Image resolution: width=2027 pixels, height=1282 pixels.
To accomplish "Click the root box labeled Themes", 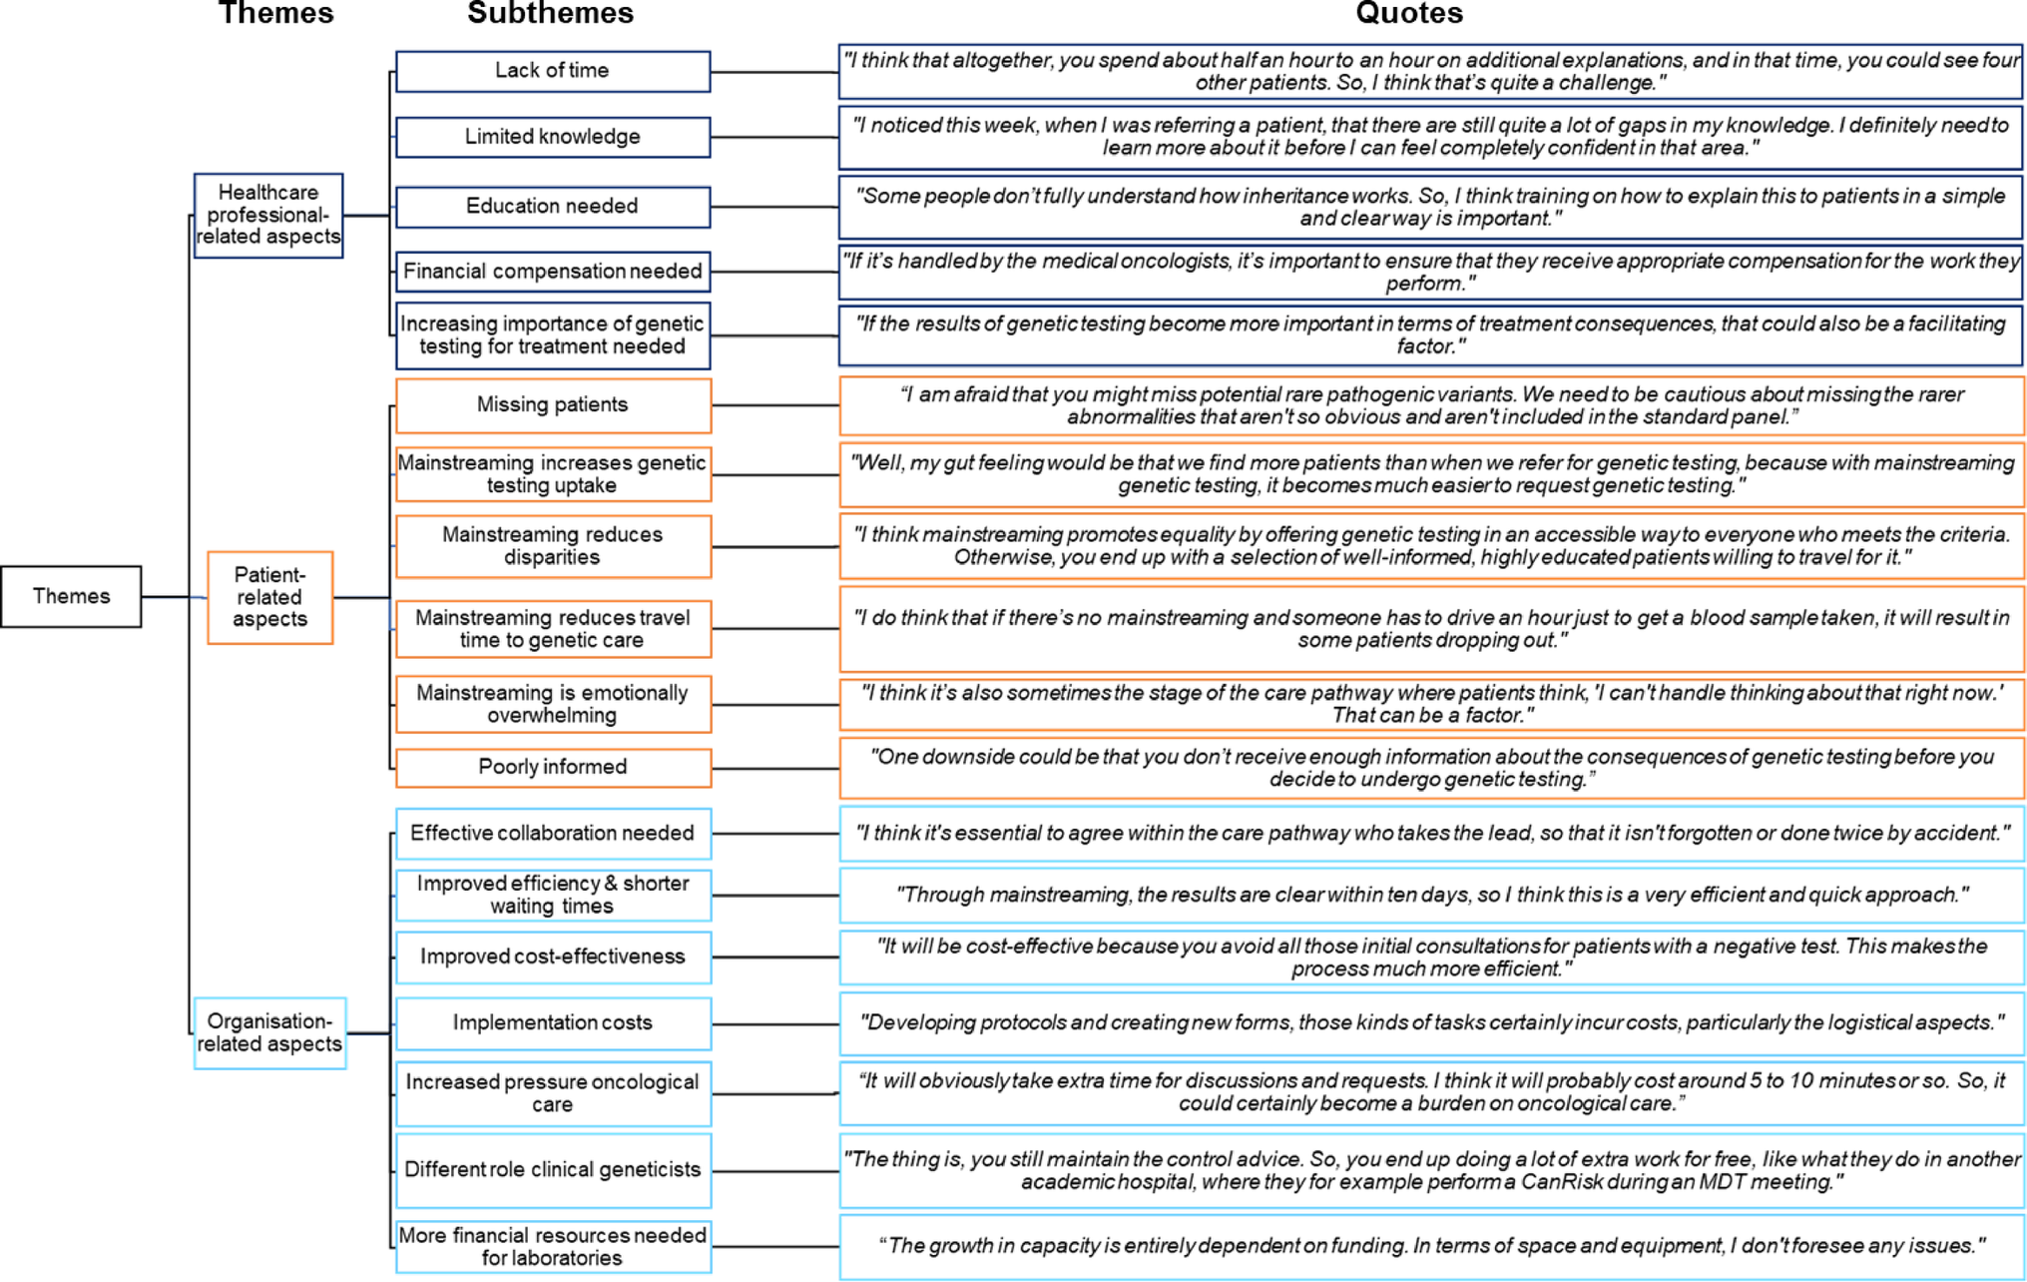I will click(71, 596).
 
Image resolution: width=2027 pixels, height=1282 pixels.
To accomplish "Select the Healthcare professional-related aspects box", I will click(268, 215).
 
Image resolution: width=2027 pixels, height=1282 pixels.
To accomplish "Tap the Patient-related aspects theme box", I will click(269, 597).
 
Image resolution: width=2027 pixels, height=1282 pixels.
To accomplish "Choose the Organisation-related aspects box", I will click(269, 1032).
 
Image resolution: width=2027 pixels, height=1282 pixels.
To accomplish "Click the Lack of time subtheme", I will click(553, 71).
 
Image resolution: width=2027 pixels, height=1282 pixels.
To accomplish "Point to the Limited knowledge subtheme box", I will click(553, 137).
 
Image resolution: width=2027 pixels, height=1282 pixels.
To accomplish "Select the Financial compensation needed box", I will click(553, 271).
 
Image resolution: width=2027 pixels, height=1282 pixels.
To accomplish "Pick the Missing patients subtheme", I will click(553, 404).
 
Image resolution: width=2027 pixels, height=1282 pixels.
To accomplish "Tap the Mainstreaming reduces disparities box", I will click(553, 546).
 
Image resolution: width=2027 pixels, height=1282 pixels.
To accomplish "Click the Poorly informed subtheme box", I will click(553, 767).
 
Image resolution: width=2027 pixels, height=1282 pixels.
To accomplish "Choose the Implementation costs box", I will click(553, 1022).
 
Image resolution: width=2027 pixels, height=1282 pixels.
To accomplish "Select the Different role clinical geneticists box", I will click(553, 1169).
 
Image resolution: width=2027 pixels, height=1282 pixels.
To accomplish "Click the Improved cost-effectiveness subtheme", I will click(553, 957).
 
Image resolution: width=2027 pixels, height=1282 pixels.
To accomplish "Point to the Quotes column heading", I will click(1408, 13).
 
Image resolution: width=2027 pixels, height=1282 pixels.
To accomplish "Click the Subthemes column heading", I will click(550, 13).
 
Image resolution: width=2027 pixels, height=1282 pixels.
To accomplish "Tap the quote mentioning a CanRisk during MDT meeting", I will click(1431, 1170).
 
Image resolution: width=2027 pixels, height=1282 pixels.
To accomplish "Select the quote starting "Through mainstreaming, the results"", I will click(1431, 895).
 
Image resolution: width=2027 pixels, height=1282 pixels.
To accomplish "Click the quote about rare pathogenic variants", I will click(1431, 405).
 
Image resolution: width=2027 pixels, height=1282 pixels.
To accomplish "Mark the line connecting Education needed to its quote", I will click(774, 207).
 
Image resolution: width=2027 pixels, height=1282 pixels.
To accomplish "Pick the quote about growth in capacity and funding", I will click(1431, 1245).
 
